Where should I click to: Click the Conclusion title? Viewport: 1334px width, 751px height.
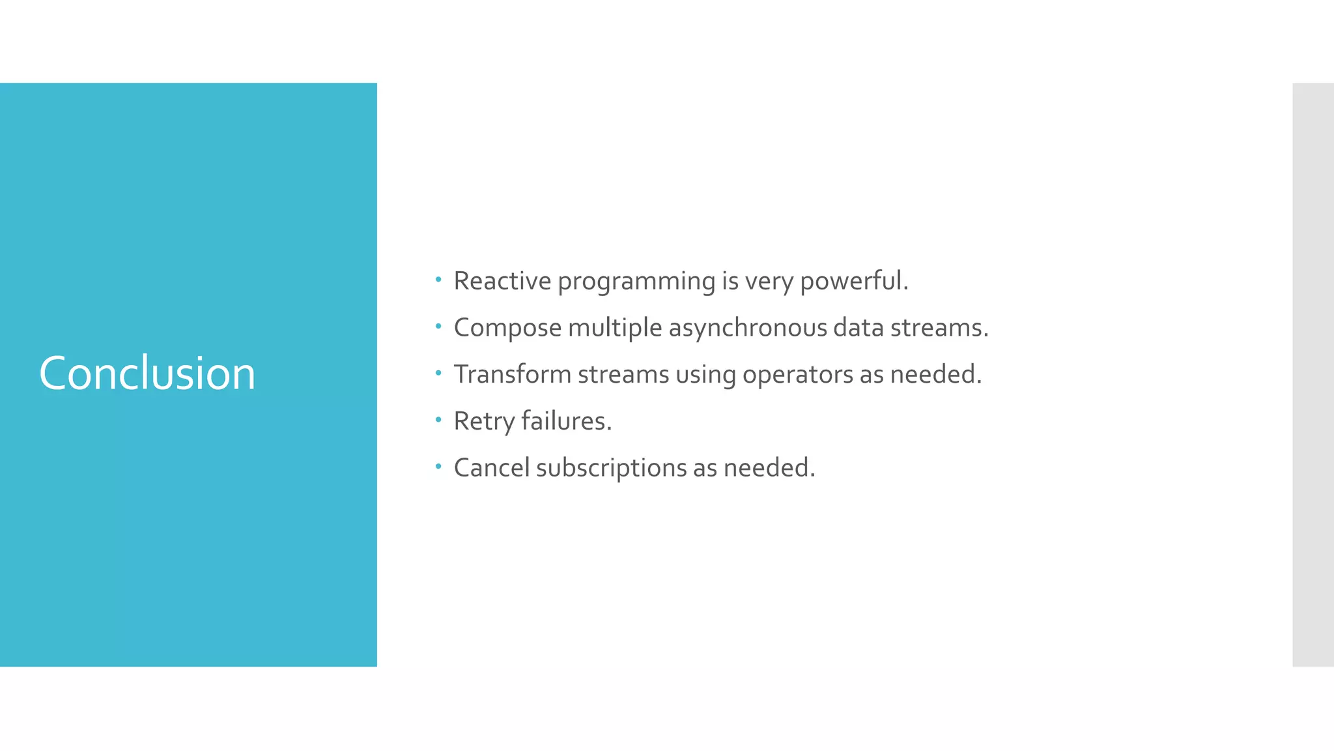[x=147, y=374]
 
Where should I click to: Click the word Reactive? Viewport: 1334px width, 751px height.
[x=502, y=281]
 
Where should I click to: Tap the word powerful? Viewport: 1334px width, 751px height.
[x=853, y=281]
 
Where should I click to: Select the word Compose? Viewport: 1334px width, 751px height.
[x=507, y=328]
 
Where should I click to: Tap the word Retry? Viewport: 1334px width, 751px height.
[x=484, y=422]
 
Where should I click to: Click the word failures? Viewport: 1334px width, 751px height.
[x=566, y=421]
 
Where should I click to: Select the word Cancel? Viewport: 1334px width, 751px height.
[x=491, y=468]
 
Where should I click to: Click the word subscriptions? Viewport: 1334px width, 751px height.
[x=611, y=468]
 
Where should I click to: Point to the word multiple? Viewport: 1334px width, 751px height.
[x=615, y=328]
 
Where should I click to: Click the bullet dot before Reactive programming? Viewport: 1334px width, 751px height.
[x=438, y=280]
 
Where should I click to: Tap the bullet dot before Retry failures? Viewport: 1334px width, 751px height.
[x=438, y=420]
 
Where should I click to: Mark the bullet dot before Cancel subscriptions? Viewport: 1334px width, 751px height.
[x=438, y=467]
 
